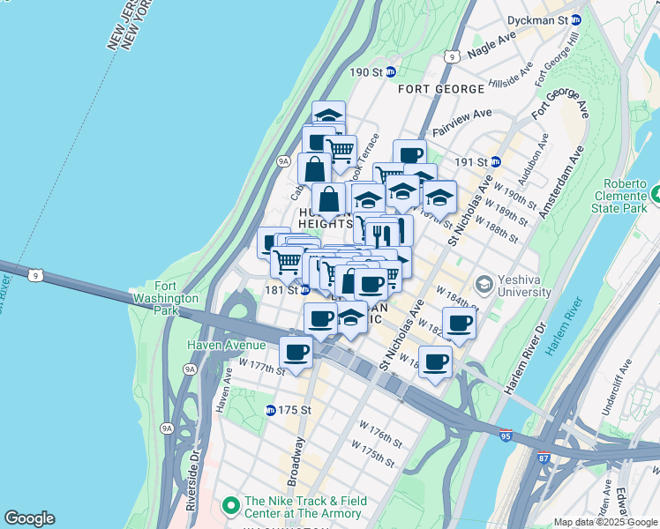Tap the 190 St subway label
tap(364, 71)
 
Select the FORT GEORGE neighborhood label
tap(441, 89)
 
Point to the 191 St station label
tap(472, 162)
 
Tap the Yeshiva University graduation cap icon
tap(484, 284)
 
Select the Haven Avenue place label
tap(224, 346)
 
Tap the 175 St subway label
tap(289, 410)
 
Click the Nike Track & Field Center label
tap(304, 507)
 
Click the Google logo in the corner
tap(29, 518)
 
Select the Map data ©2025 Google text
tap(605, 522)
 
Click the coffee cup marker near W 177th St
tap(296, 354)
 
